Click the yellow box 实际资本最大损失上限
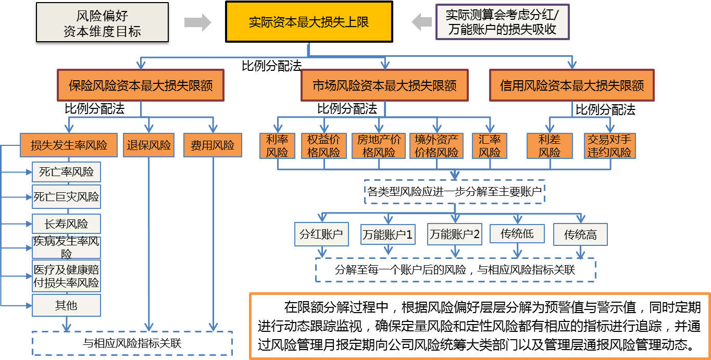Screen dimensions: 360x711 click(x=309, y=22)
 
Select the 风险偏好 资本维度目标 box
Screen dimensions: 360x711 click(x=102, y=22)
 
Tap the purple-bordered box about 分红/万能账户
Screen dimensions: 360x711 click(x=502, y=22)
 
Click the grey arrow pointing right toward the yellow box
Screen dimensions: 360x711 click(x=198, y=22)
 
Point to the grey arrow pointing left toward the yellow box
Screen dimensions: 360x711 click(x=421, y=22)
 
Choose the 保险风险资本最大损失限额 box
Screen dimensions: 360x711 click(x=141, y=85)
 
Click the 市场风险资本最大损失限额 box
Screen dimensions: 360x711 click(x=384, y=85)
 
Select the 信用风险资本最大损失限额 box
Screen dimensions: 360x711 click(x=571, y=85)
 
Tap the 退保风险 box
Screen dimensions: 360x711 click(x=149, y=145)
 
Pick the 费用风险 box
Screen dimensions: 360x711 click(x=213, y=145)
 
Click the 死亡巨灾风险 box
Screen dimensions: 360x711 click(x=66, y=197)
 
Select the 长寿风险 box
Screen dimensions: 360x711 click(x=66, y=224)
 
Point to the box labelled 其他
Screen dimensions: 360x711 click(x=66, y=305)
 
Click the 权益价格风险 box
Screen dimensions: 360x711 click(x=324, y=146)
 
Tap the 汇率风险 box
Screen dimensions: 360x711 click(x=490, y=146)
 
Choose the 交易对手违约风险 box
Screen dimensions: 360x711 click(x=609, y=146)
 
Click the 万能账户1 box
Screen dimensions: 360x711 click(x=388, y=235)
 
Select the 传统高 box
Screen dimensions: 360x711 click(x=580, y=235)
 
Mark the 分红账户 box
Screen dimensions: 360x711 click(x=321, y=235)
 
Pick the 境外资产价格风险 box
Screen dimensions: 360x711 click(x=436, y=146)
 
